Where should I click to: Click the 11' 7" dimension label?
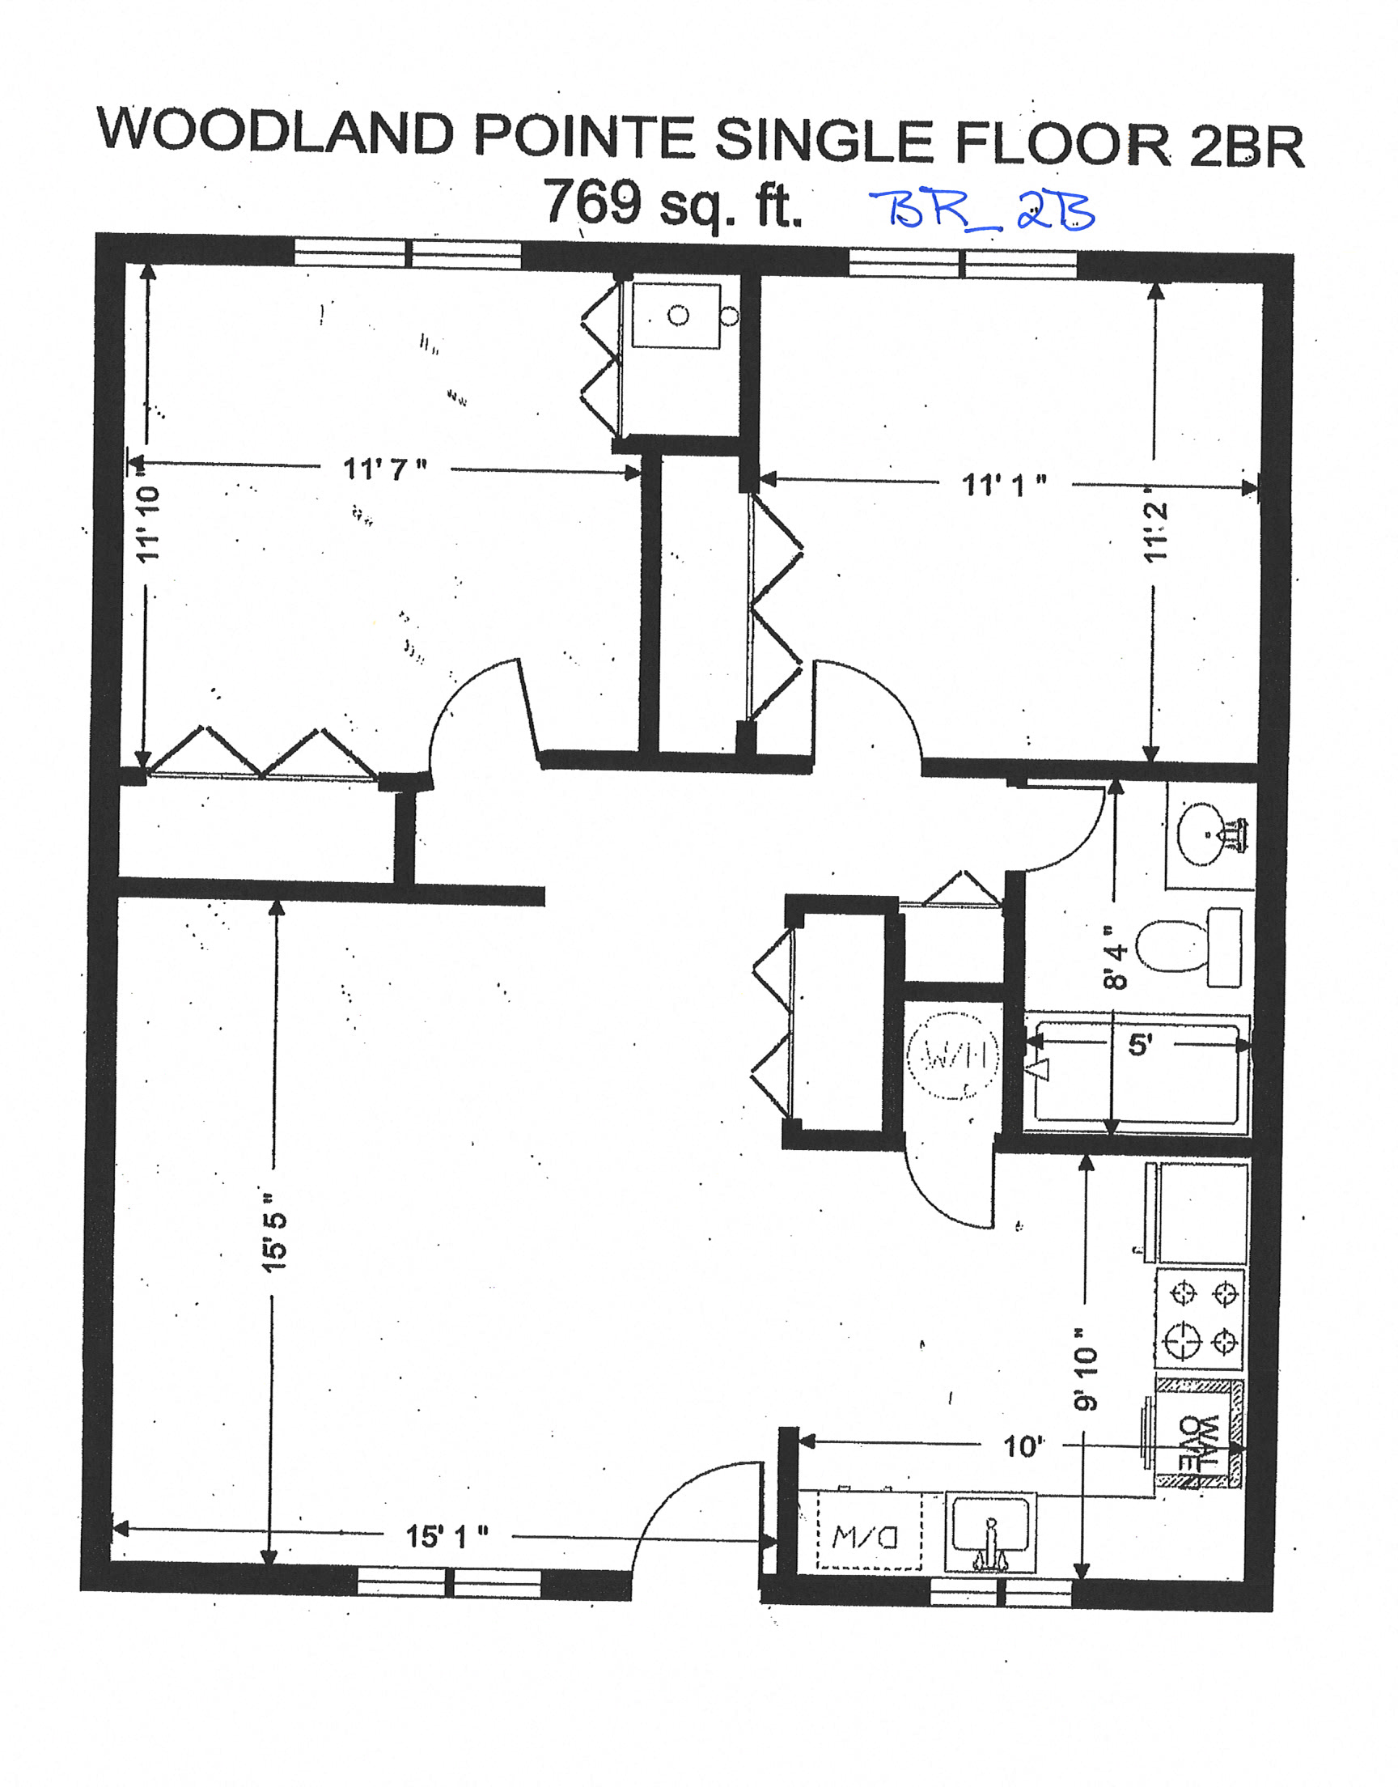click(x=385, y=470)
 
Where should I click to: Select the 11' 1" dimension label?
click(x=1003, y=485)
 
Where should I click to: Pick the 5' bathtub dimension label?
click(x=1139, y=1045)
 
